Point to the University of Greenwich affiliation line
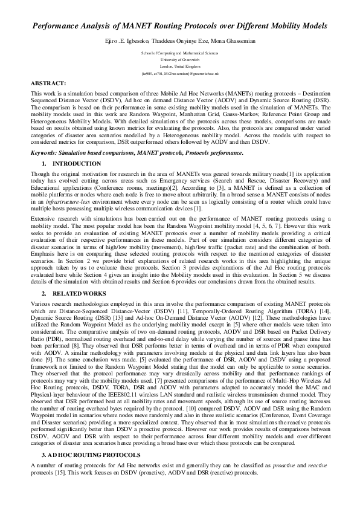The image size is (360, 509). [179, 60]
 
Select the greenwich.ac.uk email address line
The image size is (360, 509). [179, 73]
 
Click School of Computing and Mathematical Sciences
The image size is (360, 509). [179, 53]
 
